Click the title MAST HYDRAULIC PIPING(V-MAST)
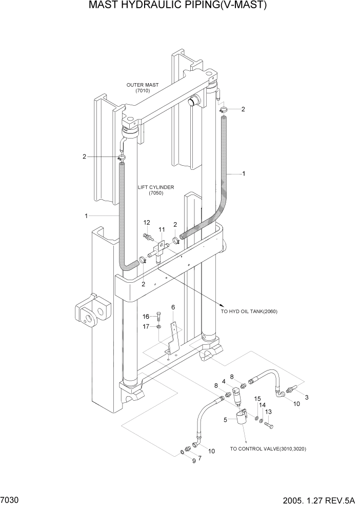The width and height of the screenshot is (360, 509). pyautogui.click(x=178, y=6)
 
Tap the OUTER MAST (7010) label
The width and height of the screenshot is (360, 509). pyautogui.click(x=143, y=88)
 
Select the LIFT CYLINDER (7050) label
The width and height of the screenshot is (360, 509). pyautogui.click(x=156, y=190)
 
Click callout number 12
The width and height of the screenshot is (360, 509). pyautogui.click(x=147, y=222)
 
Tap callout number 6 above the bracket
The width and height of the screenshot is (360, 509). pyautogui.click(x=173, y=307)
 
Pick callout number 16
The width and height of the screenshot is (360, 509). pyautogui.click(x=145, y=316)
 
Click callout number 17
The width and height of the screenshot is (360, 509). pyautogui.click(x=146, y=326)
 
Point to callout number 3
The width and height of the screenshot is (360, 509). pyautogui.click(x=307, y=398)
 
